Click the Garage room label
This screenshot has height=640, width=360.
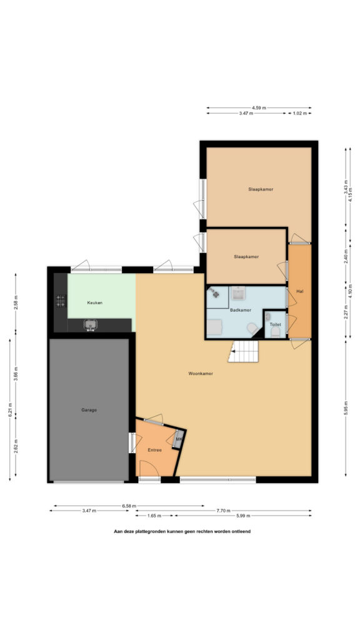pos(89,410)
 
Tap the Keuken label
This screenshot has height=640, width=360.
pos(95,303)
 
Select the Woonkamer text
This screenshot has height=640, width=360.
pos(201,373)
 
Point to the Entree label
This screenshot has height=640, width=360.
pos(155,450)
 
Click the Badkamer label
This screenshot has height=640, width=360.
pos(241,310)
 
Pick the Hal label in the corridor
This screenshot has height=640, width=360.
pos(300,291)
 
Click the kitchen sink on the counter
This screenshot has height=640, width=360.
pos(90,325)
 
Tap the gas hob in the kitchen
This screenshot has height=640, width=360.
pos(61,301)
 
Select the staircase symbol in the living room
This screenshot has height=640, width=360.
pos(243,351)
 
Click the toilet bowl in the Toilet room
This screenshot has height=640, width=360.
pos(276,331)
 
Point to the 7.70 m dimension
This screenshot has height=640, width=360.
pos(223,511)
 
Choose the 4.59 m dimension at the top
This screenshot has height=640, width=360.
pos(259,107)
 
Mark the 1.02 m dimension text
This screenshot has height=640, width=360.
pos(299,114)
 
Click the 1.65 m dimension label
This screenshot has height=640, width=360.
pos(154,516)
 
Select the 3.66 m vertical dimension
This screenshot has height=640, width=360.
pos(16,374)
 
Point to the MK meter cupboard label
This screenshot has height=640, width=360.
pos(179,439)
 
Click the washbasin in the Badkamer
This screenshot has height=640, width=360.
pos(237,293)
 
